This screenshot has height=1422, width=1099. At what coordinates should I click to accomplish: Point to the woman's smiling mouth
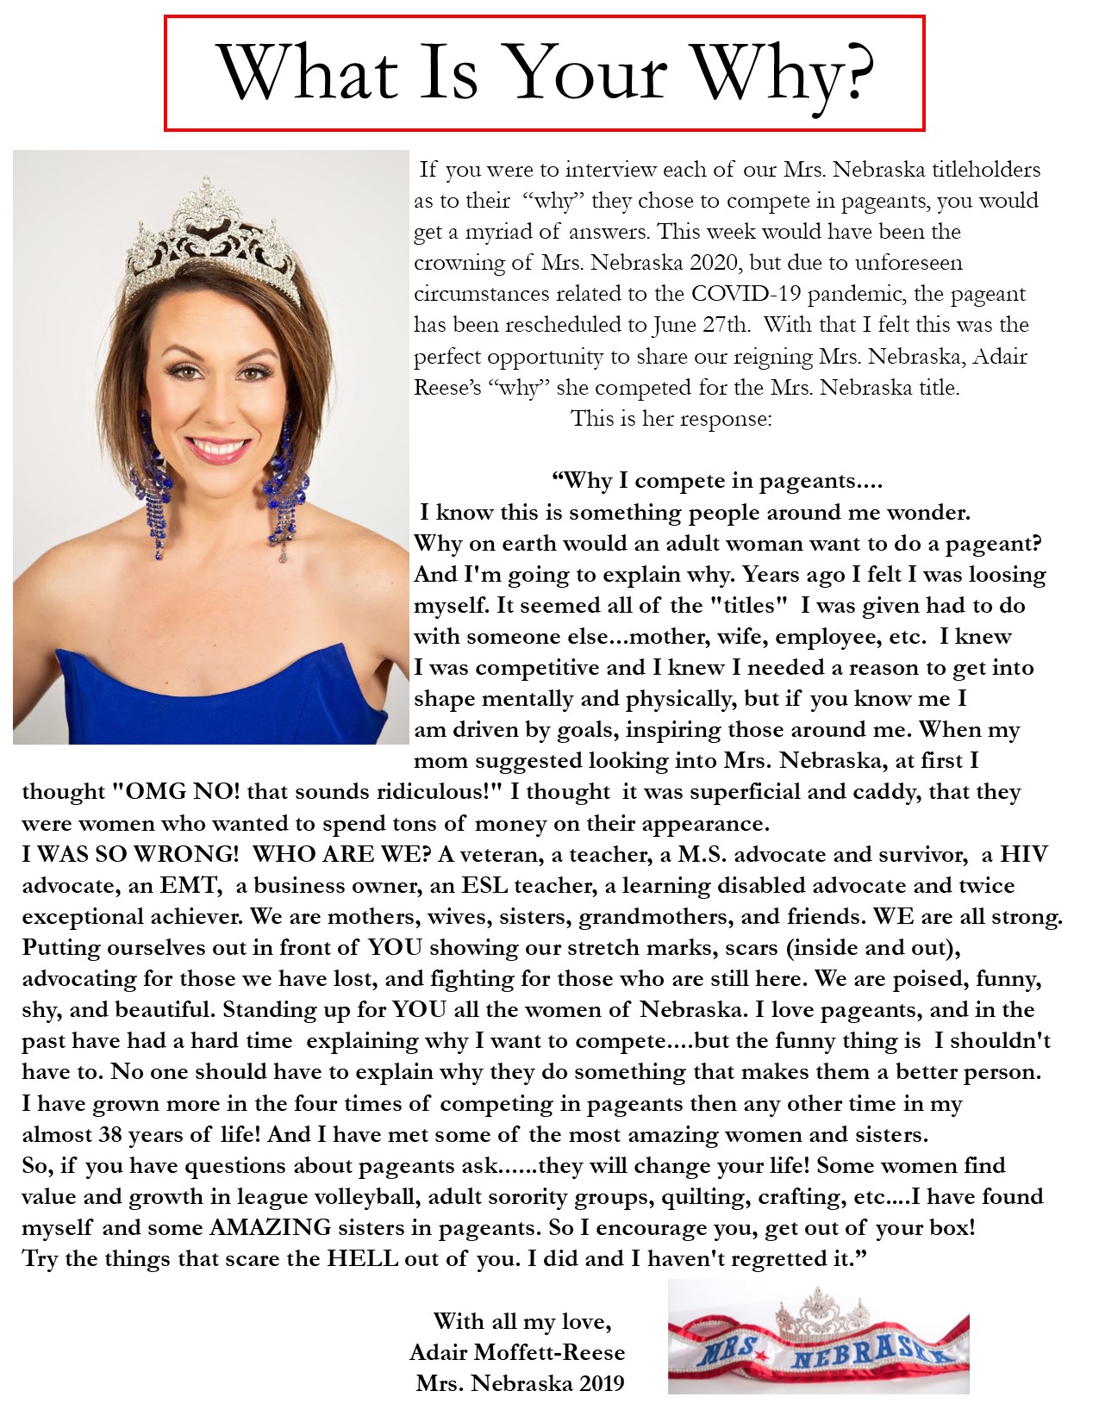[x=215, y=450]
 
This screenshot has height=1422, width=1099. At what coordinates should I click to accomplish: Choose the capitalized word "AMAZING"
[x=270, y=1227]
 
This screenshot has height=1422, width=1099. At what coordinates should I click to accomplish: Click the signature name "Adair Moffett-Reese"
[x=517, y=1352]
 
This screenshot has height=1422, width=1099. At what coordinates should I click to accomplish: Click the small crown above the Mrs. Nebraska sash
[x=821, y=1313]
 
